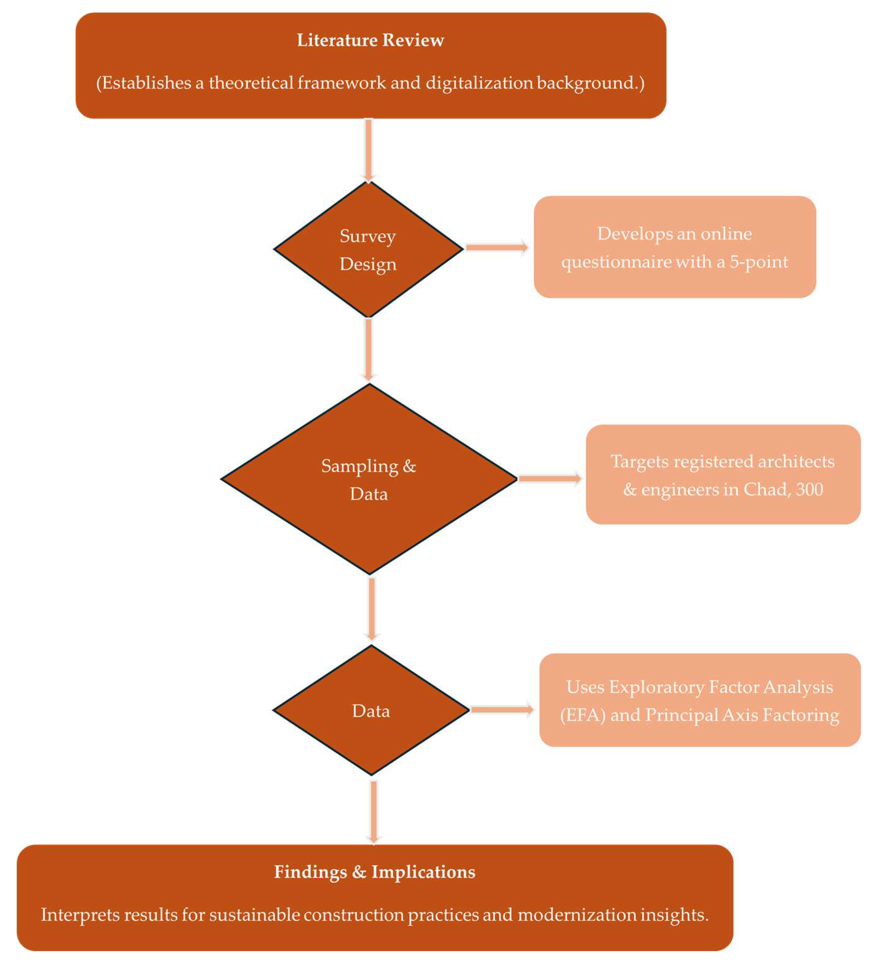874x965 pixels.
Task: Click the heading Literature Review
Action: (x=370, y=40)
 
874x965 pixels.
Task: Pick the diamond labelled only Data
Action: (x=371, y=711)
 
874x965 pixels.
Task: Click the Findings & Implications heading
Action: (x=375, y=872)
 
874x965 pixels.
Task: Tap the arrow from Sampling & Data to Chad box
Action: (x=549, y=478)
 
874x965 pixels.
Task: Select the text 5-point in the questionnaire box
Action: (x=759, y=262)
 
